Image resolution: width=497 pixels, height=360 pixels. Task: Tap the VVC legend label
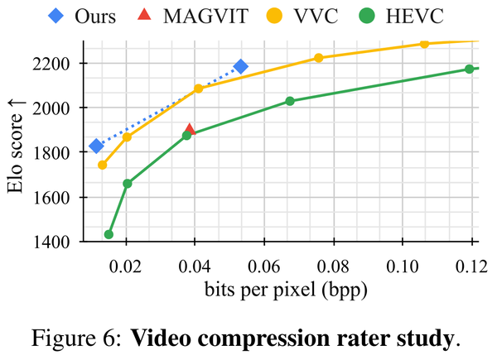(x=320, y=15)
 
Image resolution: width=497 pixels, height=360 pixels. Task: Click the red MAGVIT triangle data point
(x=191, y=130)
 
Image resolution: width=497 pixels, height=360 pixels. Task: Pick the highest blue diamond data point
(x=241, y=66)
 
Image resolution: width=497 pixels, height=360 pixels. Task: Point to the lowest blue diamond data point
(x=96, y=146)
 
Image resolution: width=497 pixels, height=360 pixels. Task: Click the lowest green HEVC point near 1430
(x=109, y=234)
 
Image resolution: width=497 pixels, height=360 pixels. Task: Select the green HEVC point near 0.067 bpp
(x=290, y=101)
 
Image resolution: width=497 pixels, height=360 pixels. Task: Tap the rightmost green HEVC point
(x=469, y=69)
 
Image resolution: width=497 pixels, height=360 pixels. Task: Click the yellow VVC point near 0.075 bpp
(x=318, y=58)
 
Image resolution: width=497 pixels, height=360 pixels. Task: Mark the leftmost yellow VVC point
(x=103, y=165)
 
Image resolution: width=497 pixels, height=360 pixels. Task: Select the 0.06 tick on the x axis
(x=264, y=266)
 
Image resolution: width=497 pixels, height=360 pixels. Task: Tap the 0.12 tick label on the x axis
(x=471, y=266)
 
